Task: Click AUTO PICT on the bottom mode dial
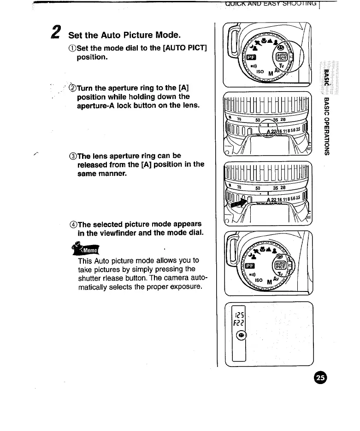281,265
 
